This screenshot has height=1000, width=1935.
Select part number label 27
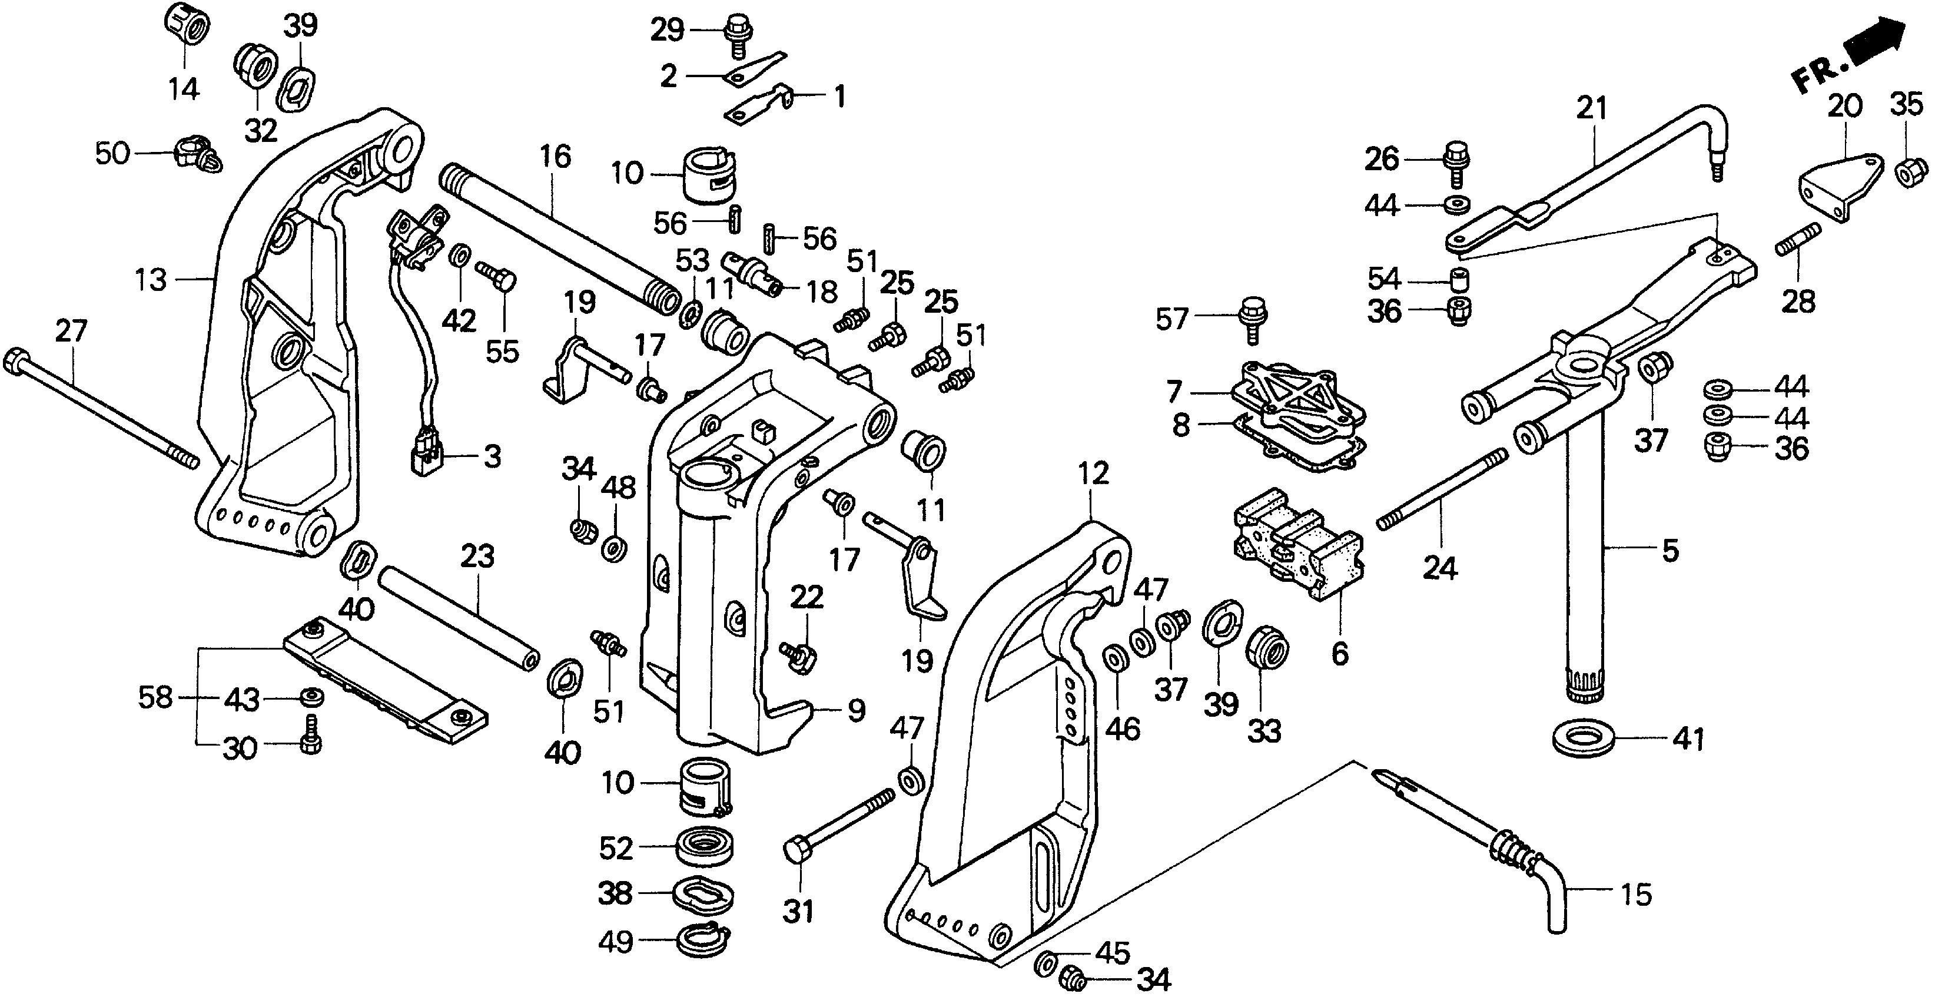[71, 332]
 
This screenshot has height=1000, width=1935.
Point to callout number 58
[155, 698]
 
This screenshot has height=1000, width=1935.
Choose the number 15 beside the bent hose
[1636, 895]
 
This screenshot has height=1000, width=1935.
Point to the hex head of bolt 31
[797, 850]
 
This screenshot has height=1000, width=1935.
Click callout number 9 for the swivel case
[857, 711]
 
